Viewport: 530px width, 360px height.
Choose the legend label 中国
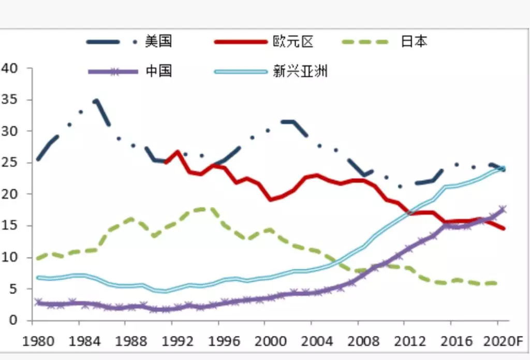click(x=158, y=71)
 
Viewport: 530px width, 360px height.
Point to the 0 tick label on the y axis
click(x=13, y=320)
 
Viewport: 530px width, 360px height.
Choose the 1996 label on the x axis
click(x=218, y=341)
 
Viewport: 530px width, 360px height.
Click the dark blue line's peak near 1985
click(x=96, y=101)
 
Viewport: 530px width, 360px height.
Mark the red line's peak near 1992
click(x=177, y=152)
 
